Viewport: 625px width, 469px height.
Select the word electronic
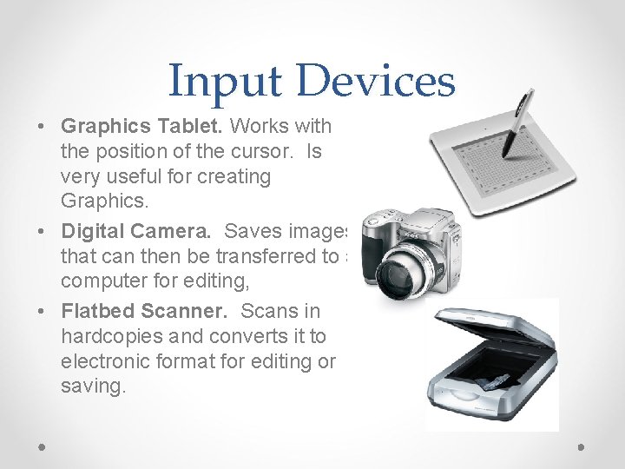102,360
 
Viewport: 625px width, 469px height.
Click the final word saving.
93,386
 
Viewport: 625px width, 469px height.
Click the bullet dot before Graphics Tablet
43,127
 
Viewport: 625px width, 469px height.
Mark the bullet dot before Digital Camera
43,232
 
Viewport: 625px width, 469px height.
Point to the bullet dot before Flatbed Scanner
43,310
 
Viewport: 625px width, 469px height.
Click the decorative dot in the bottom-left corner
43,446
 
